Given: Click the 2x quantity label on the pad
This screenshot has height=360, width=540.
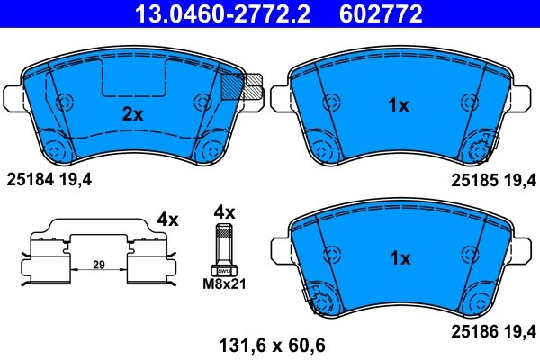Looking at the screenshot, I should click(x=133, y=114).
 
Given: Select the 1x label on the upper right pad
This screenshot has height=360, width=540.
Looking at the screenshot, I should click(x=398, y=105).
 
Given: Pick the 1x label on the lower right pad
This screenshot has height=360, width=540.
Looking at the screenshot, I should click(x=398, y=257).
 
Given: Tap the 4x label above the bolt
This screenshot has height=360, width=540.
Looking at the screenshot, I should click(x=223, y=212).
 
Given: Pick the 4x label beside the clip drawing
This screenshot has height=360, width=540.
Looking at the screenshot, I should click(x=167, y=219).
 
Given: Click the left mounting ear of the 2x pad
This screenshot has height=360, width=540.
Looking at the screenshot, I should click(x=13, y=95).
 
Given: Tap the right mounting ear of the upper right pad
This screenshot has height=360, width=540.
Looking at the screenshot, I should click(x=526, y=95).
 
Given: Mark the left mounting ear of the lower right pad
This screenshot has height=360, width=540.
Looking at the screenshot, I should click(x=280, y=247).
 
